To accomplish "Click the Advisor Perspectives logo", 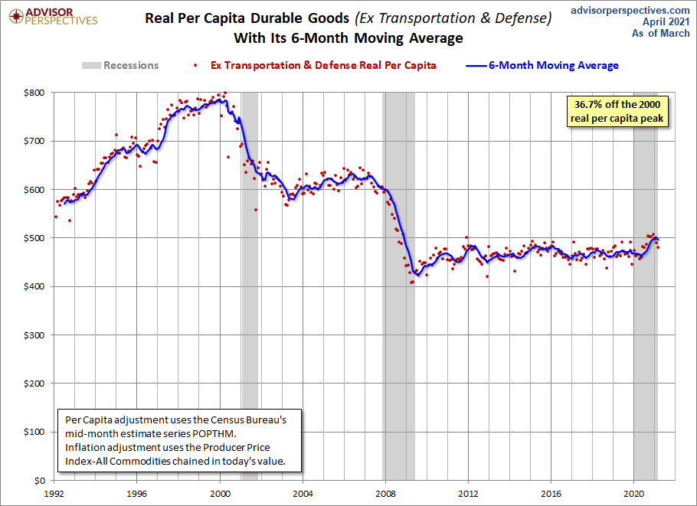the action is tap(54, 16).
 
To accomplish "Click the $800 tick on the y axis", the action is tap(34, 93).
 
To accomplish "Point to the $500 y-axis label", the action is tap(34, 238).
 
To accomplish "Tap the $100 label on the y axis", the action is tap(34, 432).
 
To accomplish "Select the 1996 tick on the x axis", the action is tap(136, 494).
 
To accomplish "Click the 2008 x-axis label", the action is tap(385, 494).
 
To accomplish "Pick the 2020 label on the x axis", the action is tap(634, 494).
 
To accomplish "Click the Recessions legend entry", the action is tap(120, 65).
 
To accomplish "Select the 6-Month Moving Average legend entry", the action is tap(542, 65).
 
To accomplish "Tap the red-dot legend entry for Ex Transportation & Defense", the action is tap(315, 65).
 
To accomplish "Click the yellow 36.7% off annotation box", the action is tap(617, 112).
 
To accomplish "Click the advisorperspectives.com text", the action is tap(630, 10).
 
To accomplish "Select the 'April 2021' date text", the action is tap(666, 21).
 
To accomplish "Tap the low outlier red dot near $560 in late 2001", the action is tap(256, 210).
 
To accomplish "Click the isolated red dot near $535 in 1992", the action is tap(70, 220).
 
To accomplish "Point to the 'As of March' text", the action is tap(660, 34).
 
